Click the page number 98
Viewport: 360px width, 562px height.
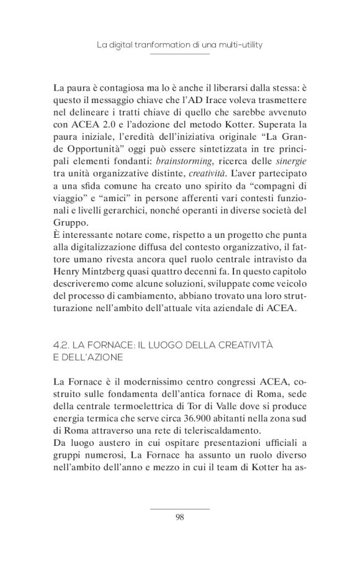pos(179,515)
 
